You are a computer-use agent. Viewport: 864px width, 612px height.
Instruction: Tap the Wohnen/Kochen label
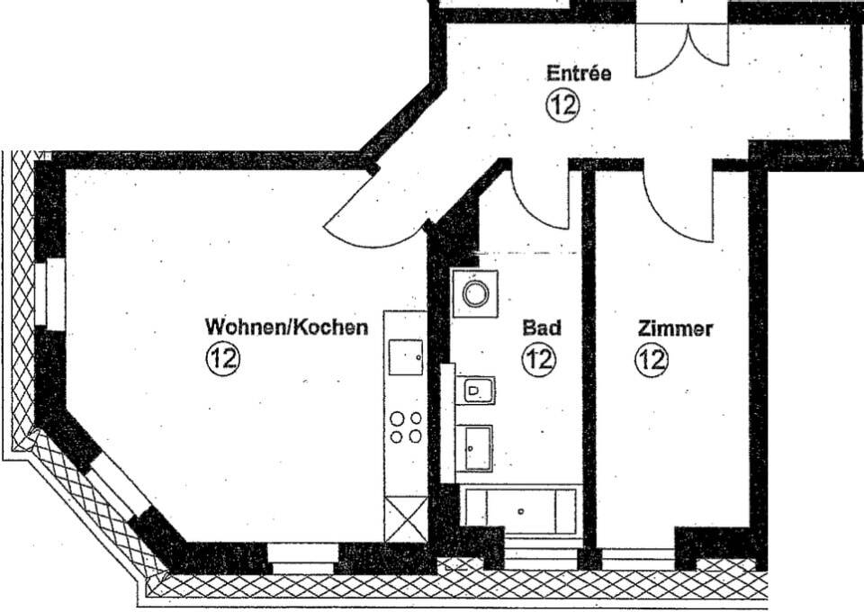286,327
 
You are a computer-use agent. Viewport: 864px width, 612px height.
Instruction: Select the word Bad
542,328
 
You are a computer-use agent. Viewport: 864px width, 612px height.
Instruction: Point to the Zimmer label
675,328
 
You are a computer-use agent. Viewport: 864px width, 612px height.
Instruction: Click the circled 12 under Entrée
562,104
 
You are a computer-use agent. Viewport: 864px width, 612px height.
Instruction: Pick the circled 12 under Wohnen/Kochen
222,359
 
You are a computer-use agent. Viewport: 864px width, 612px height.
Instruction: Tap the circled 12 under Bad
539,360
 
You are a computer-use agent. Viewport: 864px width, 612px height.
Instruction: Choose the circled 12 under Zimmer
652,360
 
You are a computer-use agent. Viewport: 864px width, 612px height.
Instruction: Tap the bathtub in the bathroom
519,509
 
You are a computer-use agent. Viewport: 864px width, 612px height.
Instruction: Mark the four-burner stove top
405,426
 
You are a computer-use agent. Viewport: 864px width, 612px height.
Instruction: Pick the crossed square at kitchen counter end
405,518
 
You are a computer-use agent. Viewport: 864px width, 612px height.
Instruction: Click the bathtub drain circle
521,511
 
